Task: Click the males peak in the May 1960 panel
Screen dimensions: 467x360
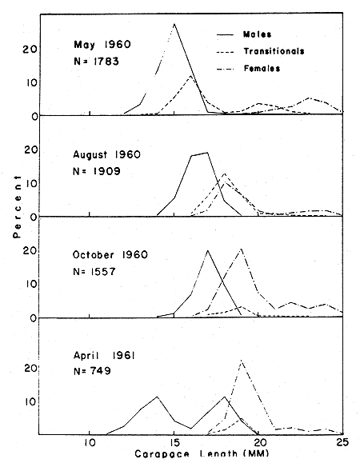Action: (x=174, y=24)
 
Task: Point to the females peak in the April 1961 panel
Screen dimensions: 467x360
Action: (x=241, y=361)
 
